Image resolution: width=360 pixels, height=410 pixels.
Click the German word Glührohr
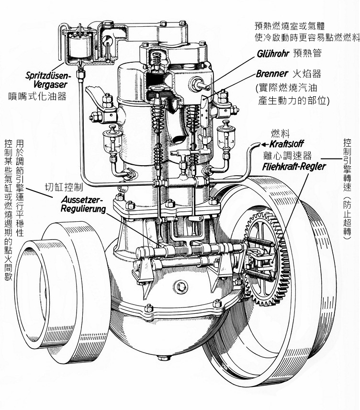(x=274, y=54)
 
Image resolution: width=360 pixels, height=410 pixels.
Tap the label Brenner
(x=272, y=74)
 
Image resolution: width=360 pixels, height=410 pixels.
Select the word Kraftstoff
(x=286, y=144)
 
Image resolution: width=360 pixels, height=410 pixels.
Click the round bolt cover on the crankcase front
(x=181, y=287)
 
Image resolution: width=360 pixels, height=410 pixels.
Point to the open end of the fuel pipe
(x=255, y=144)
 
